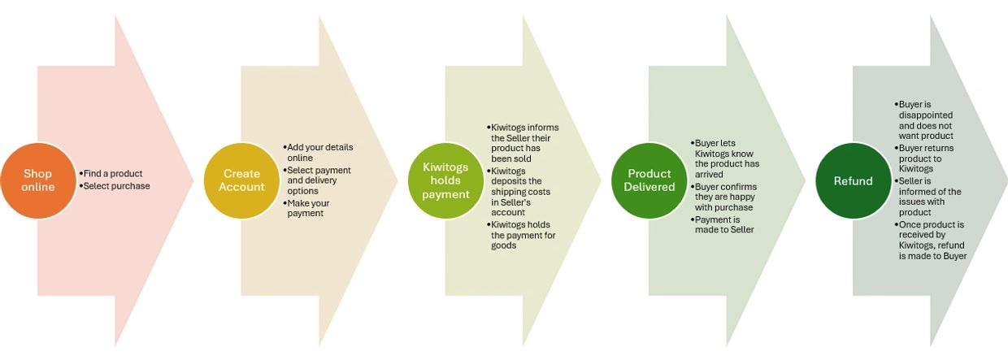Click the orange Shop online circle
pyautogui.click(x=38, y=180)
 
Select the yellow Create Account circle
pyautogui.click(x=241, y=180)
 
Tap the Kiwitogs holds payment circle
pyautogui.click(x=445, y=180)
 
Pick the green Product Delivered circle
pyautogui.click(x=650, y=180)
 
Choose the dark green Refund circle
pyautogui.click(x=853, y=180)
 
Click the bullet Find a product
pyautogui.click(x=113, y=173)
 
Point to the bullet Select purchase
pyautogui.click(x=117, y=186)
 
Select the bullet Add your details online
pyautogui.click(x=320, y=152)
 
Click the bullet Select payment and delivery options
pyautogui.click(x=320, y=180)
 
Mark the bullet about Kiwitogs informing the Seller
pyautogui.click(x=525, y=143)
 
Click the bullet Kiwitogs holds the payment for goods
pyautogui.click(x=524, y=235)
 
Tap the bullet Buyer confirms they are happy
pyautogui.click(x=725, y=197)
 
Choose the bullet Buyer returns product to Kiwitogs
pyautogui.click(x=927, y=158)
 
